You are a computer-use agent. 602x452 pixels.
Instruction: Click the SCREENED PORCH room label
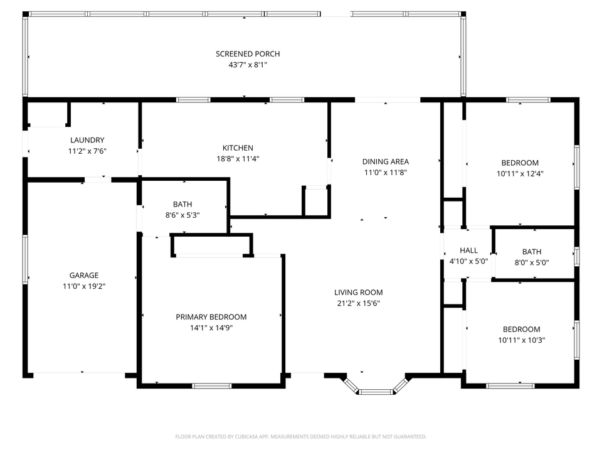point(248,54)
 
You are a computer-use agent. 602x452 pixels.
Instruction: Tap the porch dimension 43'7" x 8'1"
point(248,65)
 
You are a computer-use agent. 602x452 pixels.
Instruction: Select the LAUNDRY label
point(87,140)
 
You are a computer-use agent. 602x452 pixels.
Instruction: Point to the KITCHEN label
point(238,148)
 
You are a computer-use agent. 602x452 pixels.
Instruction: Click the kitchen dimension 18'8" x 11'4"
point(238,159)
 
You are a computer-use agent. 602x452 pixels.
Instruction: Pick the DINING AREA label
point(386,161)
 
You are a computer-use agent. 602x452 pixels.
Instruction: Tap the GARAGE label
point(84,275)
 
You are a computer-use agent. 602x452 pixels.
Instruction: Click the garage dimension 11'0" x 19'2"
point(84,286)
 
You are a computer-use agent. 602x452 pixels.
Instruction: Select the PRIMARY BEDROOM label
point(211,317)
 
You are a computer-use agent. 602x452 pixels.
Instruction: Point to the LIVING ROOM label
point(358,293)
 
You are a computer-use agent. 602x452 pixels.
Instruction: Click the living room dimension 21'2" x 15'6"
point(358,303)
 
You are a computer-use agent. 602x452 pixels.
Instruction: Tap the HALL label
point(468,250)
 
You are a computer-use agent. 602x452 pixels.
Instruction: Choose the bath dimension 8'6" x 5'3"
point(182,215)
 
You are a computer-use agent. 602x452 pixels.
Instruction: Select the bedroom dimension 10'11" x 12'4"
point(520,174)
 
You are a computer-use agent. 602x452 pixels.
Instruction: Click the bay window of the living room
point(376,391)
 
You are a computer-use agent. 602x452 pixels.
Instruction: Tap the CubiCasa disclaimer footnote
point(300,436)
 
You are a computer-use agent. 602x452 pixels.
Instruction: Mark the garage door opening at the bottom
point(79,375)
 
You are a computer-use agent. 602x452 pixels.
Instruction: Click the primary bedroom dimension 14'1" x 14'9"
point(211,328)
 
